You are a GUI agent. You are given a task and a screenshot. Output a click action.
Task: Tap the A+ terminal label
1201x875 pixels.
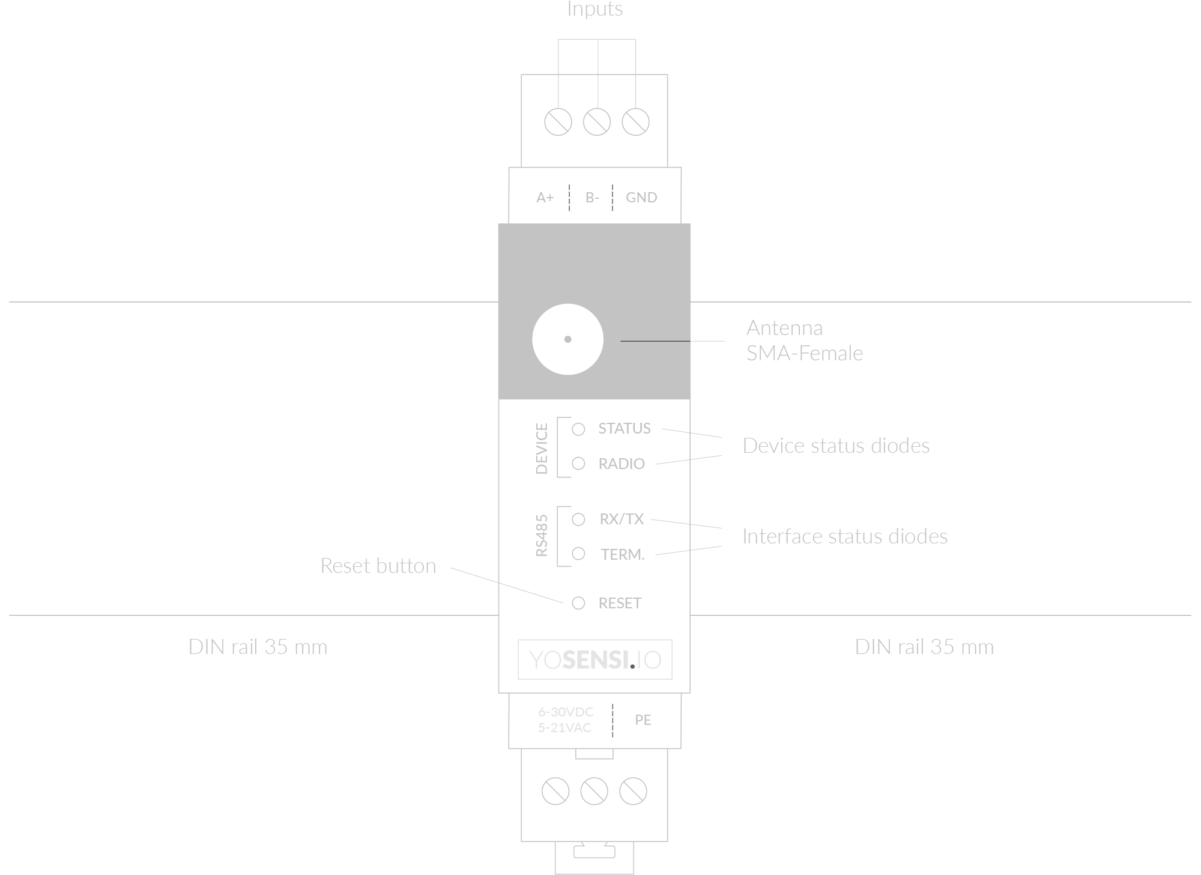click(545, 198)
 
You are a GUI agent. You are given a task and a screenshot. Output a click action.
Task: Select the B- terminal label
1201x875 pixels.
click(592, 198)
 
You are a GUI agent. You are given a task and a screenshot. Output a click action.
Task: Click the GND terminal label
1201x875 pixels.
click(641, 198)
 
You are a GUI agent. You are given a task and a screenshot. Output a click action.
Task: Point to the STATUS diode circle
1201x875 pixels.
click(578, 429)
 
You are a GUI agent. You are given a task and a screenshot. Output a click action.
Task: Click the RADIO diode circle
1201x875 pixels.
click(578, 464)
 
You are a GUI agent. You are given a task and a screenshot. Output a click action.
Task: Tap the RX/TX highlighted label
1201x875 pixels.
click(621, 519)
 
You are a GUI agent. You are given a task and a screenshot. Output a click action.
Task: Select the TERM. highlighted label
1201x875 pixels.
click(621, 554)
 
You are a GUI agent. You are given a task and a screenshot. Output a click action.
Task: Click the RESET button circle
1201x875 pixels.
click(578, 603)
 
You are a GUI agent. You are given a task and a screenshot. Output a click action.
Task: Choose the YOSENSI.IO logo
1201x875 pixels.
click(595, 659)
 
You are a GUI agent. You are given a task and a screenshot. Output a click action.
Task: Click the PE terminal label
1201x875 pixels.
click(643, 719)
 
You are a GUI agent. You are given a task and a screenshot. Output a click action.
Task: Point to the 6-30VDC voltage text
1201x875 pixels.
click(565, 712)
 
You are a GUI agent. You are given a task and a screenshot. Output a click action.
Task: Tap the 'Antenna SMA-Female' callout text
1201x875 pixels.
click(804, 341)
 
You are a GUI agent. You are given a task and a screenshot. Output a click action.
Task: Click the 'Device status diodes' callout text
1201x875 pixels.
click(836, 446)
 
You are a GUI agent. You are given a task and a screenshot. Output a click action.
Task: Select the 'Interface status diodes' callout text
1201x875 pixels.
click(844, 536)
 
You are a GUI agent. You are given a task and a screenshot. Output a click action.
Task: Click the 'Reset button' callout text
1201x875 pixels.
click(378, 566)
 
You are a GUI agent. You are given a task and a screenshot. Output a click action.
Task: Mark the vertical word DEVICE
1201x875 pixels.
click(542, 449)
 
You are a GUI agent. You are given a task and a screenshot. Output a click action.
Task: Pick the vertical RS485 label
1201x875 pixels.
click(542, 536)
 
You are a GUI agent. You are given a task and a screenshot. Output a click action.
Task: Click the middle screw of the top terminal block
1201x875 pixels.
click(597, 122)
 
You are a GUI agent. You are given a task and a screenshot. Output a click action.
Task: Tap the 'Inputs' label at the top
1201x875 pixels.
click(594, 9)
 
